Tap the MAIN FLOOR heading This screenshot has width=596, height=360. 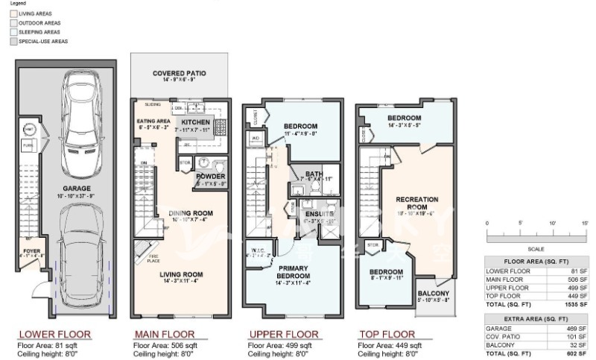(164, 334)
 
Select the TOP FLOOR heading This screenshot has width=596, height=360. (387, 334)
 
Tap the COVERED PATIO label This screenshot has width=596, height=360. (180, 74)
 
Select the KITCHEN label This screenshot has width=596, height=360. (196, 121)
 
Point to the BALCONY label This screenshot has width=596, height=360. (433, 293)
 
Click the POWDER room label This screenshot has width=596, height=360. (211, 176)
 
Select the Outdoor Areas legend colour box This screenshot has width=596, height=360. (13, 23)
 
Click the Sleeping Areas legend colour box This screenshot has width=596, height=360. (13, 32)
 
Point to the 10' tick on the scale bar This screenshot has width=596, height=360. (552, 224)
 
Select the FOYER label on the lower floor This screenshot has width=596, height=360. (31, 250)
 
